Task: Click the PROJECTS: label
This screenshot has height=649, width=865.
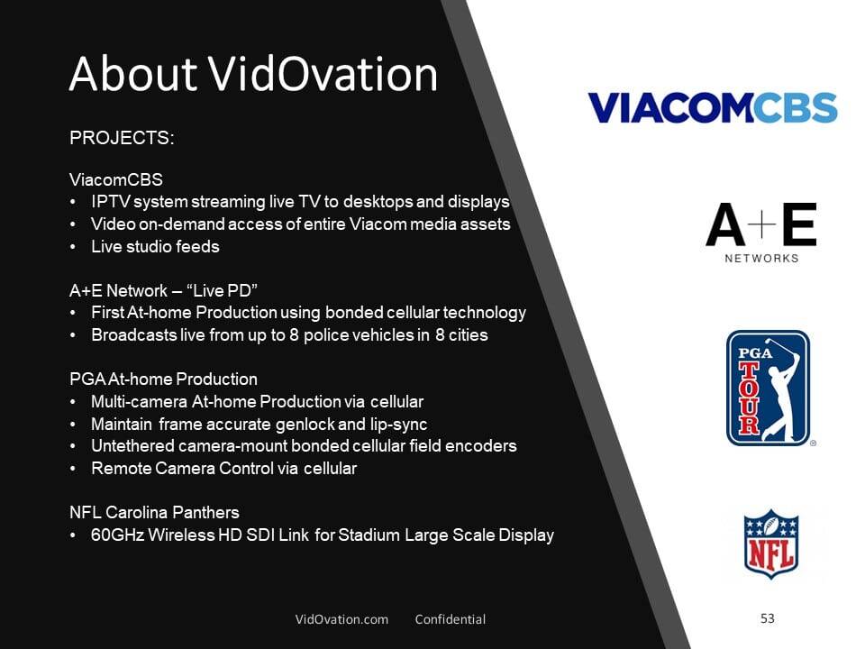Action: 122,137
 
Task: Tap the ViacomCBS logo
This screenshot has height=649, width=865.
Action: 713,107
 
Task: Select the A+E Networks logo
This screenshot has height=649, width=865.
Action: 761,233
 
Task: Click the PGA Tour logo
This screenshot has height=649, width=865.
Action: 769,388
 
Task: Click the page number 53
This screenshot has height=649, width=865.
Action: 768,618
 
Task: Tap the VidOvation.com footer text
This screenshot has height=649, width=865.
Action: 341,619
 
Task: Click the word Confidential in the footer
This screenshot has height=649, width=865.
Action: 451,619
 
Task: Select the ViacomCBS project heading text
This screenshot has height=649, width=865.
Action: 116,179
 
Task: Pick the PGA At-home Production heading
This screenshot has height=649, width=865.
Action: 163,379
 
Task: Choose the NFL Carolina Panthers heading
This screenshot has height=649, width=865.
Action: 154,512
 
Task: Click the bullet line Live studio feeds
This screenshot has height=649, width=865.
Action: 156,246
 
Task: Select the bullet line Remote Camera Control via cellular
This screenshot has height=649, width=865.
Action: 224,468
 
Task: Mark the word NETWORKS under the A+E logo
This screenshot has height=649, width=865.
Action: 761,259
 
